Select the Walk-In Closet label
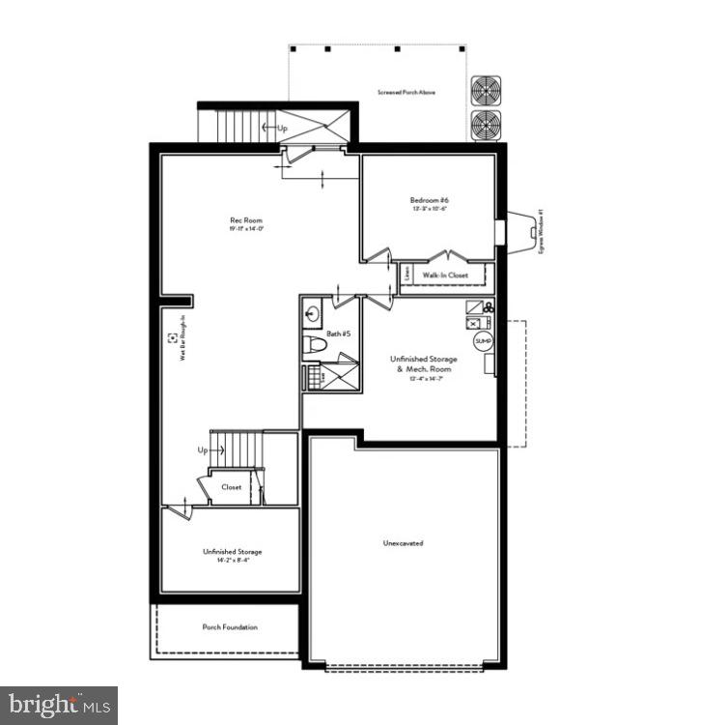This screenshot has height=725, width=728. (x=445, y=275)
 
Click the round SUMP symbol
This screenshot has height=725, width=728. (x=483, y=341)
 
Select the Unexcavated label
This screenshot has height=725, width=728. (x=403, y=543)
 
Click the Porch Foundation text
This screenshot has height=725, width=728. (x=230, y=627)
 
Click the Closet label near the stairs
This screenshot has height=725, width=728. (x=232, y=487)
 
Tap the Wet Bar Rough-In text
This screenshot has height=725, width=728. (x=181, y=338)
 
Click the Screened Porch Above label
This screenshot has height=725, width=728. (x=406, y=93)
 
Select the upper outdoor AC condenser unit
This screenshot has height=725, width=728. (x=485, y=91)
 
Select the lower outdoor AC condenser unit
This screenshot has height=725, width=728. (x=485, y=125)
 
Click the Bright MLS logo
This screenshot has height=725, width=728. (x=59, y=705)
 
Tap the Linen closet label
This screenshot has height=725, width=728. (x=408, y=275)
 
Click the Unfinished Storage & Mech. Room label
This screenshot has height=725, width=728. (x=425, y=364)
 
